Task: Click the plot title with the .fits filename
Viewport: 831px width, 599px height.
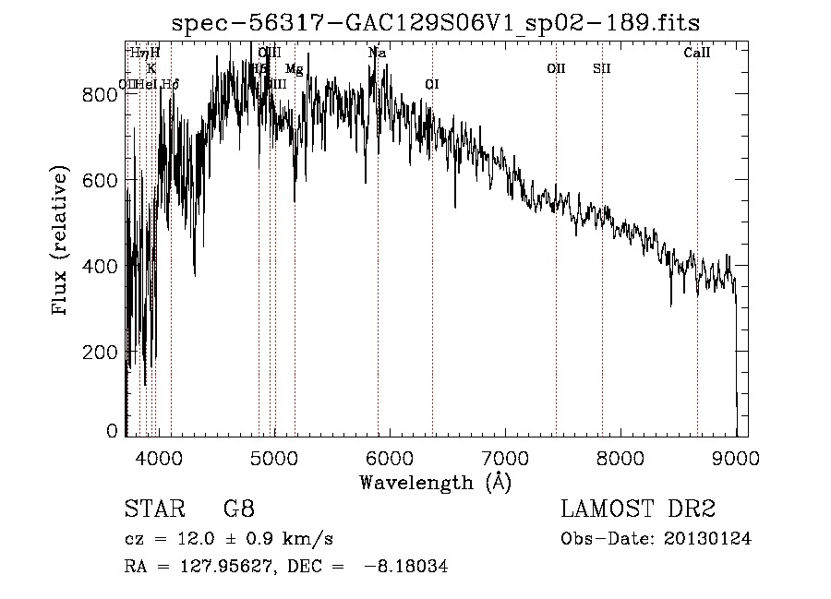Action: point(437,23)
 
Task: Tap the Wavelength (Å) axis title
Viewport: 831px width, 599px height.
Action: point(435,482)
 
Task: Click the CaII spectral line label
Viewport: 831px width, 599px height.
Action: point(697,53)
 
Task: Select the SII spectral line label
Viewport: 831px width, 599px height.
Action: point(602,68)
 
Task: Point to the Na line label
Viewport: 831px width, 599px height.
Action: point(377,53)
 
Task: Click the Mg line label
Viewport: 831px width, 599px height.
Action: point(294,69)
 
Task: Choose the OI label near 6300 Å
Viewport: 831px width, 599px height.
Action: point(431,84)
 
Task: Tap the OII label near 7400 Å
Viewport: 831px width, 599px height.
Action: point(556,68)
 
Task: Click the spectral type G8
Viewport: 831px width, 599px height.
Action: point(239,509)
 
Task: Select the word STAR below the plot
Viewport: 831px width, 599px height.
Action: point(153,509)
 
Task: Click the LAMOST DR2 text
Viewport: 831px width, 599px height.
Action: point(638,509)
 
